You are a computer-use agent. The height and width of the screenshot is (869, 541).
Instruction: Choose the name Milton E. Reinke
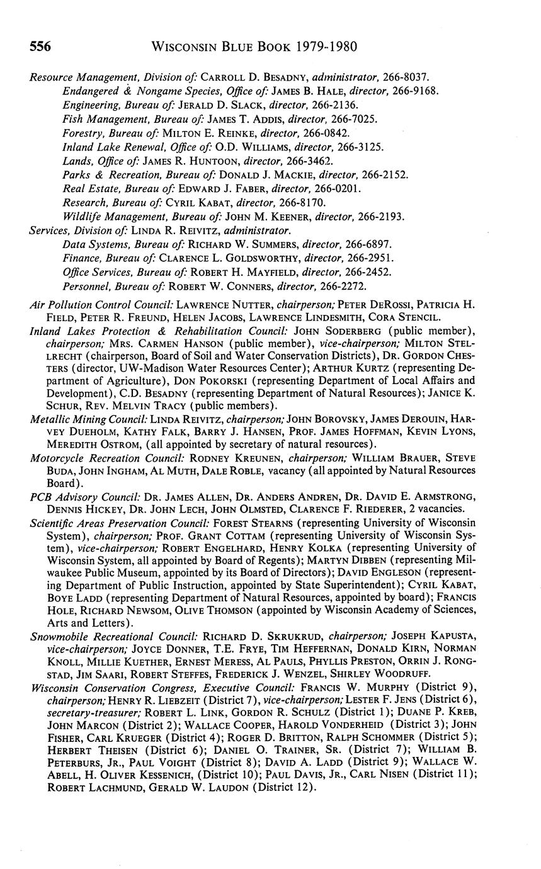click(x=205, y=133)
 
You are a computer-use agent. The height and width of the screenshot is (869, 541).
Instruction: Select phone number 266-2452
click(x=370, y=271)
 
